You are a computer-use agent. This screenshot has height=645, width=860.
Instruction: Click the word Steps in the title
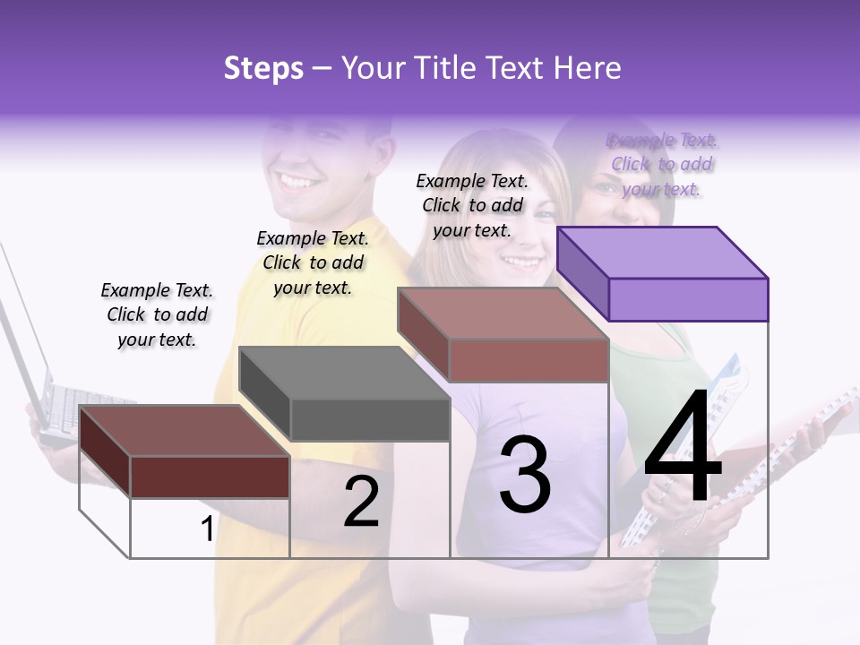click(263, 68)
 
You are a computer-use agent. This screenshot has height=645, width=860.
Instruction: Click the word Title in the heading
click(448, 68)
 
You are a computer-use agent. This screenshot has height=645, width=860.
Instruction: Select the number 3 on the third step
click(524, 475)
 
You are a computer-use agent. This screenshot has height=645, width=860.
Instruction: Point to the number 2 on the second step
click(361, 503)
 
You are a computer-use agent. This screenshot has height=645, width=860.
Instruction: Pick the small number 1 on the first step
click(207, 529)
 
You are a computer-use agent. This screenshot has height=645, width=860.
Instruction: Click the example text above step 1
click(157, 314)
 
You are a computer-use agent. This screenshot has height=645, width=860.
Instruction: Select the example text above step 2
click(313, 262)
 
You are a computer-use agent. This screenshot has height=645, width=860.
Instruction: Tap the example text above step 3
click(472, 205)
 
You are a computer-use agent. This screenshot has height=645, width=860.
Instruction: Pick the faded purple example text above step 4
click(662, 164)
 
